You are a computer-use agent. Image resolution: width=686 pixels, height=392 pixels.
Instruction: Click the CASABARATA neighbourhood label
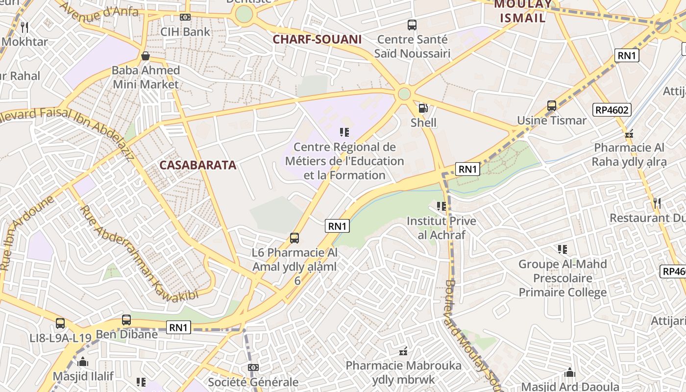click(x=197, y=165)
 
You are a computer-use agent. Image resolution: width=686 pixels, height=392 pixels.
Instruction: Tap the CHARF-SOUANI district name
click(x=317, y=40)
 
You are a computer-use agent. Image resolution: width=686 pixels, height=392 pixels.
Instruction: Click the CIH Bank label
click(x=185, y=32)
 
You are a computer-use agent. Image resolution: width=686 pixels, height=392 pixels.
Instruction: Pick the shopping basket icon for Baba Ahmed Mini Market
click(x=146, y=56)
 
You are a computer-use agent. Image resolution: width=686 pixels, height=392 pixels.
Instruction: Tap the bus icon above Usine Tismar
click(x=552, y=106)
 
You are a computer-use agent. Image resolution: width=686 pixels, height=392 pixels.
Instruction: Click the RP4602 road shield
click(x=612, y=110)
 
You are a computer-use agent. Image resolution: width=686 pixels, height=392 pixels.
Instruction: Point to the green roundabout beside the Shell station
click(x=404, y=94)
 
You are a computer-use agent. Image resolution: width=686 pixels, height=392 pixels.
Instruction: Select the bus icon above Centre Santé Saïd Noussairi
click(x=412, y=24)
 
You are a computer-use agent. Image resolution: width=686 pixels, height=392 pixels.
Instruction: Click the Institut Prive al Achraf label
click(x=441, y=228)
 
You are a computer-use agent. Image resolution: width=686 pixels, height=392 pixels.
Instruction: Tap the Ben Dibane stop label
click(x=126, y=335)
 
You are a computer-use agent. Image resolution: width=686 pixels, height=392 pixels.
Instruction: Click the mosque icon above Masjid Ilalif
click(x=83, y=362)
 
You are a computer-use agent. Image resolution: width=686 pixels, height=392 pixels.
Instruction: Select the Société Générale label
click(x=253, y=382)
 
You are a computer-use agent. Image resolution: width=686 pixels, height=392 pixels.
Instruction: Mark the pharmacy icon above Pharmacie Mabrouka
click(x=403, y=351)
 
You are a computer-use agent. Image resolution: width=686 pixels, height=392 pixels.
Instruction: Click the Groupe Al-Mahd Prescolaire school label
click(x=563, y=278)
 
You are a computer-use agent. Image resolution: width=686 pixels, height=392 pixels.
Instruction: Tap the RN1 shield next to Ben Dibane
click(x=178, y=328)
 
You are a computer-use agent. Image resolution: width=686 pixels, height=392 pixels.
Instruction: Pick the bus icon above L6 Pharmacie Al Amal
click(x=294, y=238)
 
